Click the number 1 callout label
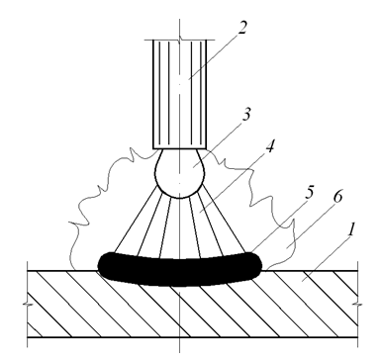point(351,229)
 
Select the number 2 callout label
point(241,28)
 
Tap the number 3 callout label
point(246,114)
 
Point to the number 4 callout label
point(269,146)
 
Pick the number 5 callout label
point(310,193)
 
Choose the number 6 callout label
point(337,196)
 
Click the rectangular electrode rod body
point(180,94)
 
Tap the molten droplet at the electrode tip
point(180,173)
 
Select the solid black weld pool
point(180,269)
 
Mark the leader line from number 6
point(310,225)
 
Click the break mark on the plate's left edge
point(27,304)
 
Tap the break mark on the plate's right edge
point(358,304)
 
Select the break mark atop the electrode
point(180,40)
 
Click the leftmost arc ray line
point(136,220)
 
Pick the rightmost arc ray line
point(225,220)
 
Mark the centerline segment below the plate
point(180,345)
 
